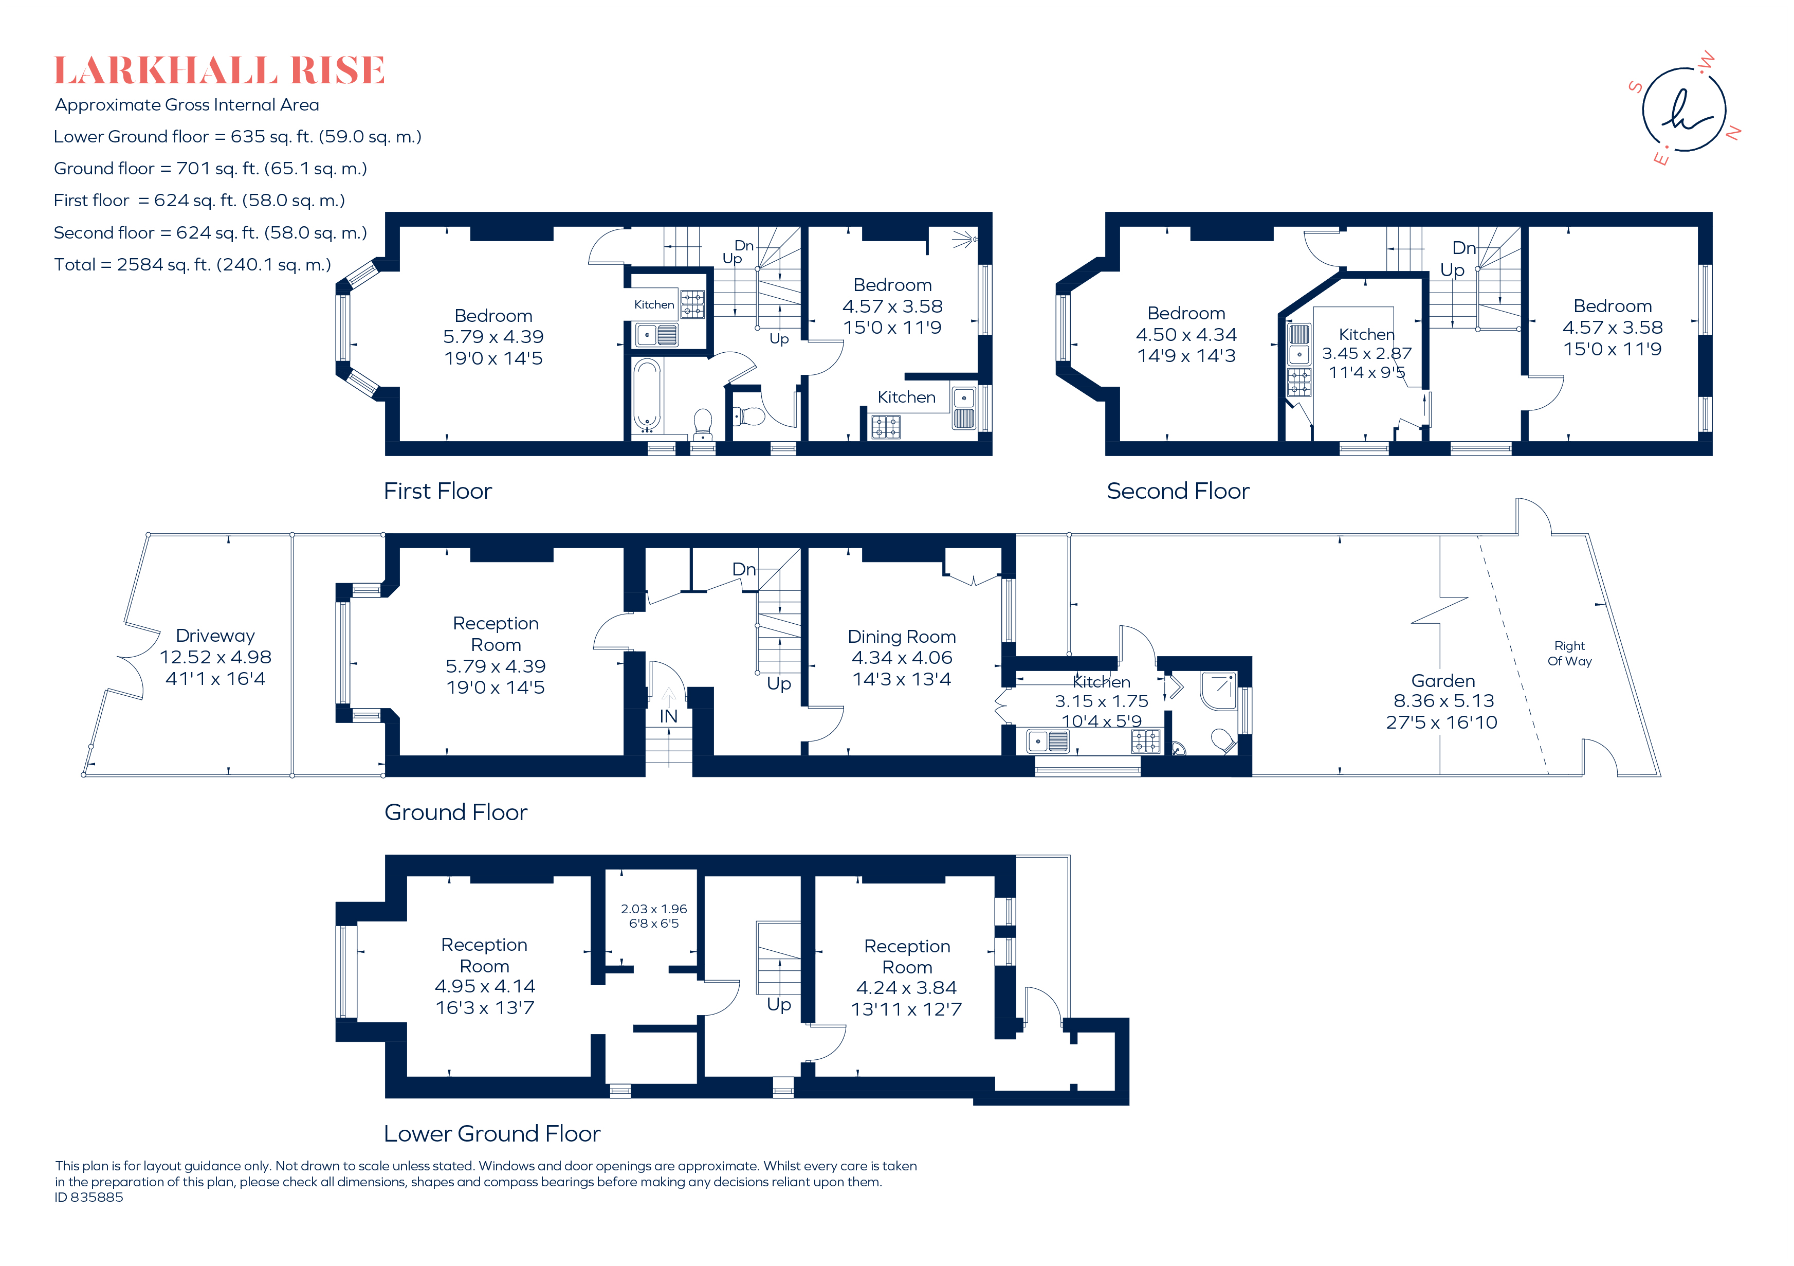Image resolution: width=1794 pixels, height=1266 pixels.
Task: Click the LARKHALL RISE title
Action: coord(219,70)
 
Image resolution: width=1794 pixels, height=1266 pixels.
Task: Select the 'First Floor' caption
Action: coord(437,491)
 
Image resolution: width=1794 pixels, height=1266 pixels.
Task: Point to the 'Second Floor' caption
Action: coord(1178,491)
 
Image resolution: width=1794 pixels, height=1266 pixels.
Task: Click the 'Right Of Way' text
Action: coord(1570,654)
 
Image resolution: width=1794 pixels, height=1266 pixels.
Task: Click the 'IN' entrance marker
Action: coord(668,716)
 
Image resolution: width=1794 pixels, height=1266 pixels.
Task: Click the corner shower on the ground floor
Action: coord(1219,691)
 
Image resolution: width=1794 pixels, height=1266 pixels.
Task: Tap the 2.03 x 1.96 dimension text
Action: coord(654,909)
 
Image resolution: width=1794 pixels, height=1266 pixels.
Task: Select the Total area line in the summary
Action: coord(192,265)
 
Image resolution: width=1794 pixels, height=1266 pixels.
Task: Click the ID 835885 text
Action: coord(89,1197)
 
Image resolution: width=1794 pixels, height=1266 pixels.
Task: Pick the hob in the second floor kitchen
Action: coord(1299,382)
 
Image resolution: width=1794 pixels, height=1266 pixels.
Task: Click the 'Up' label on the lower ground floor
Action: coord(779,1005)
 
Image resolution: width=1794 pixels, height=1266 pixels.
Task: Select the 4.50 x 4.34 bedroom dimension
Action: coord(1186,334)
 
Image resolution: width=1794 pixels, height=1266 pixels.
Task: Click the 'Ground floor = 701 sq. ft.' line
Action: coord(210,169)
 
